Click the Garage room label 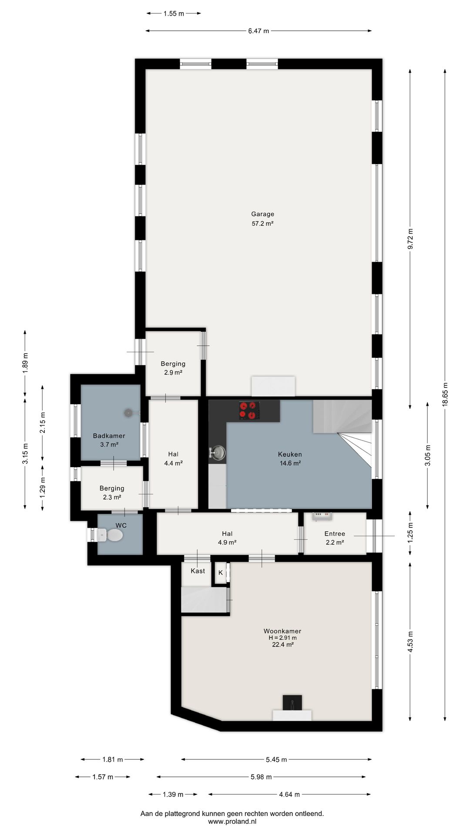pos(262,214)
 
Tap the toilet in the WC pos(110,535)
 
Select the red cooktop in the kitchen pos(249,411)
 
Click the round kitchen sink pos(218,453)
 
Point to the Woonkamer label pos(282,631)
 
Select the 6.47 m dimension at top pos(258,31)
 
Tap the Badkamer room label pos(109,435)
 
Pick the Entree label pos(335,533)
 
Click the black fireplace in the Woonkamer pos(292,702)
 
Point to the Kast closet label pos(198,571)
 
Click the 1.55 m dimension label pos(174,13)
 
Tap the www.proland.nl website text pos(232,822)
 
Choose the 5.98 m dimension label pos(261,777)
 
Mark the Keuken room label pos(290,454)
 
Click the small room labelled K pos(221,573)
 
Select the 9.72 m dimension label pos(410,239)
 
